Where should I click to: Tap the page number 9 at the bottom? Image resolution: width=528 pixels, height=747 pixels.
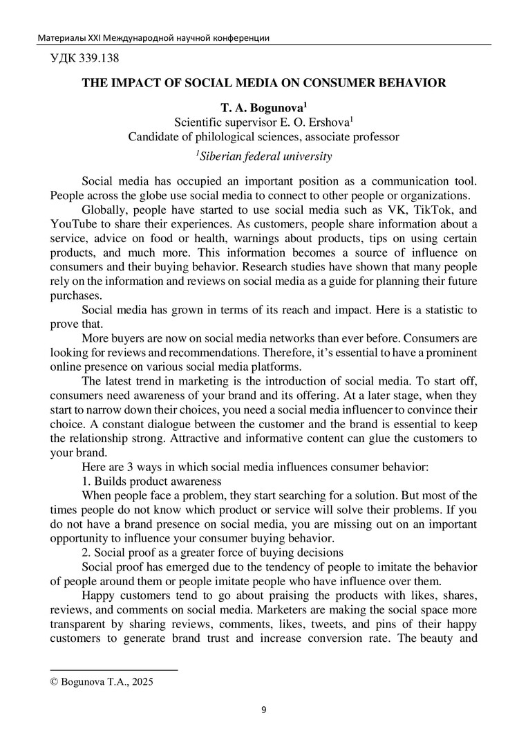click(263, 709)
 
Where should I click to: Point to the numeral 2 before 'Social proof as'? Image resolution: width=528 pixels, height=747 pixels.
click(85, 553)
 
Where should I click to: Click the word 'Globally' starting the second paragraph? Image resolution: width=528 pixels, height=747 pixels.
click(104, 210)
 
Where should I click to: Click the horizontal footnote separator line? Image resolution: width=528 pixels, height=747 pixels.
click(114, 670)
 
